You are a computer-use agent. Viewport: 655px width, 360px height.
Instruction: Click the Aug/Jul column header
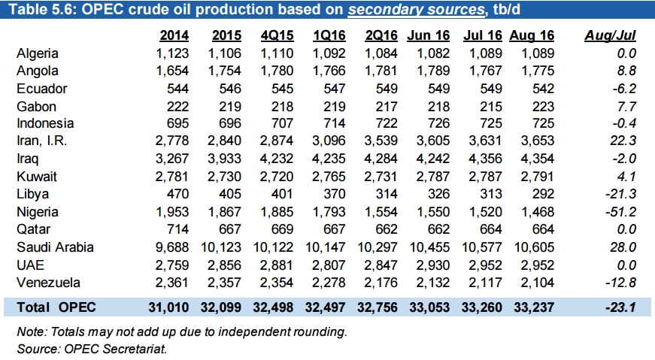(x=610, y=35)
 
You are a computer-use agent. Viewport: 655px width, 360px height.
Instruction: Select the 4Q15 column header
(x=278, y=35)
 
